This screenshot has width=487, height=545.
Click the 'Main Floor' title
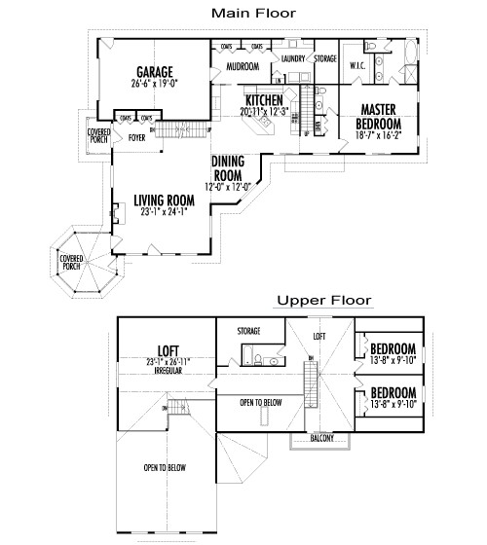click(254, 13)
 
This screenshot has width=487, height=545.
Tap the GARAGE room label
click(155, 72)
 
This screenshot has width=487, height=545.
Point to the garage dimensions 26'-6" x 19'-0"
click(155, 84)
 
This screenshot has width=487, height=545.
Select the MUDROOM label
click(242, 67)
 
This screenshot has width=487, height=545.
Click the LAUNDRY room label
click(293, 59)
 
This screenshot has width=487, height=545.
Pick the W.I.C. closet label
click(357, 65)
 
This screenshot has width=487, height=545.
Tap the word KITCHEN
click(264, 101)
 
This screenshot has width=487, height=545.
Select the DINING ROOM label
click(228, 168)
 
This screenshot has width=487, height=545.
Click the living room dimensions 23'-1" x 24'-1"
click(164, 212)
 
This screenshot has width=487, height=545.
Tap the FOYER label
click(136, 138)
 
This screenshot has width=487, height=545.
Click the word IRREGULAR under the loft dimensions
click(155, 371)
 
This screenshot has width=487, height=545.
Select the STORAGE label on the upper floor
click(248, 331)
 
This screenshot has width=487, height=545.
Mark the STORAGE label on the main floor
click(325, 59)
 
